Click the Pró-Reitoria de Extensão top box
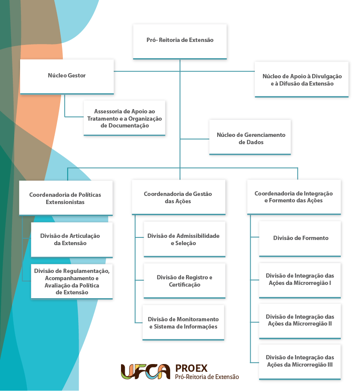point(180,41)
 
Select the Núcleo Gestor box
point(67,77)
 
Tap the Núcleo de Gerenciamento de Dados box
point(250,137)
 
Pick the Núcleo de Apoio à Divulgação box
point(301,80)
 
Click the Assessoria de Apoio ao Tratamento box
point(124,118)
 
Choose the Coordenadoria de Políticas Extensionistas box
point(66,198)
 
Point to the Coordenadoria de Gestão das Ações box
point(179,197)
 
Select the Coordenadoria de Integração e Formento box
point(294,197)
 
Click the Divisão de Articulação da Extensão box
point(72,240)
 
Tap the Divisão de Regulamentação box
point(72,281)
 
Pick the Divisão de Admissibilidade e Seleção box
point(184,239)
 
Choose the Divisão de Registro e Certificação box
point(184,281)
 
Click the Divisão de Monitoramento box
point(183,323)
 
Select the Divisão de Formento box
point(300,239)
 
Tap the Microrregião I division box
point(300,281)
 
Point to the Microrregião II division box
point(300,321)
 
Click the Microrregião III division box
point(300,362)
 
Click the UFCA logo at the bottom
point(145,372)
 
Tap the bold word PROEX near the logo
point(191,368)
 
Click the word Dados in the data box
point(251,142)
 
